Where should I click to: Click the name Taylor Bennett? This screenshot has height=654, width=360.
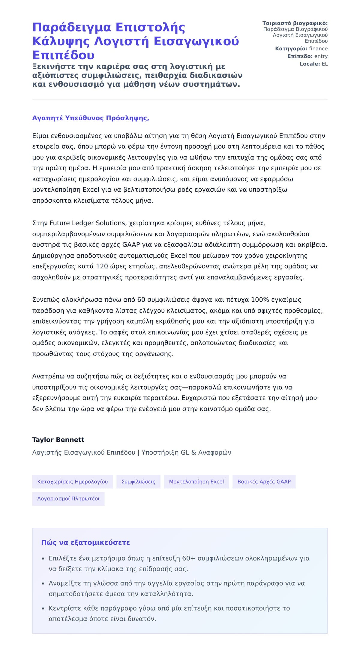click(58, 440)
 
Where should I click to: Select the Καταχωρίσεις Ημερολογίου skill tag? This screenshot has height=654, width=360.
click(72, 482)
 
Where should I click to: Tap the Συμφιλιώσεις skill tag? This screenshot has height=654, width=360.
click(138, 482)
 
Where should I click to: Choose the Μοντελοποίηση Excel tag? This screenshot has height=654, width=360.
click(196, 482)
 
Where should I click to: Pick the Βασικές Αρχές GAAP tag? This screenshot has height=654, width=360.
click(264, 482)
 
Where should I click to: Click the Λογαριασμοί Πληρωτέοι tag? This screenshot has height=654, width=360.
click(68, 499)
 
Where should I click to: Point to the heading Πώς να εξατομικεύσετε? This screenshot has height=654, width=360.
click(85, 542)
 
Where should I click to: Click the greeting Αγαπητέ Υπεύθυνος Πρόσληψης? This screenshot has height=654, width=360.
click(91, 118)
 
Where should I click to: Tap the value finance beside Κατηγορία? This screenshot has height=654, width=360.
click(318, 49)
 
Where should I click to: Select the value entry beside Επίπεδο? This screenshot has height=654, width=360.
click(321, 56)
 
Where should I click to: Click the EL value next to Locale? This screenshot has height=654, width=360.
click(325, 64)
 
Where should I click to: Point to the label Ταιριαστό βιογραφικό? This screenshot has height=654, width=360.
click(295, 23)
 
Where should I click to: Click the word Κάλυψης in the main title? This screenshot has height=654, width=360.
click(61, 41)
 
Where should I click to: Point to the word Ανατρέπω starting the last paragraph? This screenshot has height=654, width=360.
click(46, 376)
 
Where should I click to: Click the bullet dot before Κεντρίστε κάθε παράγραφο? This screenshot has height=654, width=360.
click(43, 608)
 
